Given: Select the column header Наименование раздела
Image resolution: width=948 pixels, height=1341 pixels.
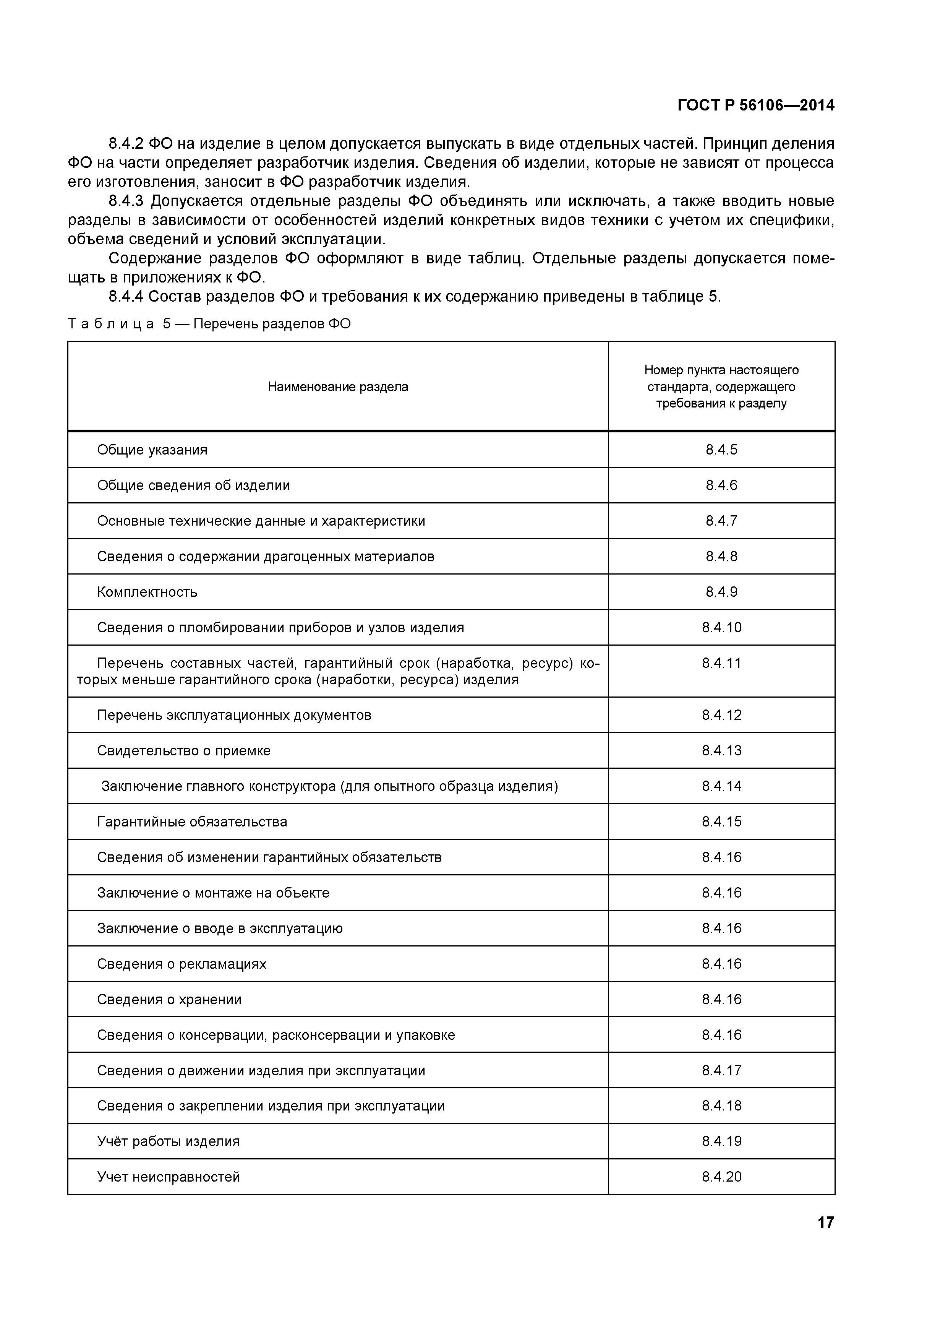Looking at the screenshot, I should (x=338, y=386).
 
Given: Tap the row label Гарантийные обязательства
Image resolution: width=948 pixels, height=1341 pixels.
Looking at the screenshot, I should (x=192, y=822).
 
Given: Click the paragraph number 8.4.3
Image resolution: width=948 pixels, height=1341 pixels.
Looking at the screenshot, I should (x=126, y=201).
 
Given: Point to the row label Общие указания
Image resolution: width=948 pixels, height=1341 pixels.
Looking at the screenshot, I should (x=152, y=450).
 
